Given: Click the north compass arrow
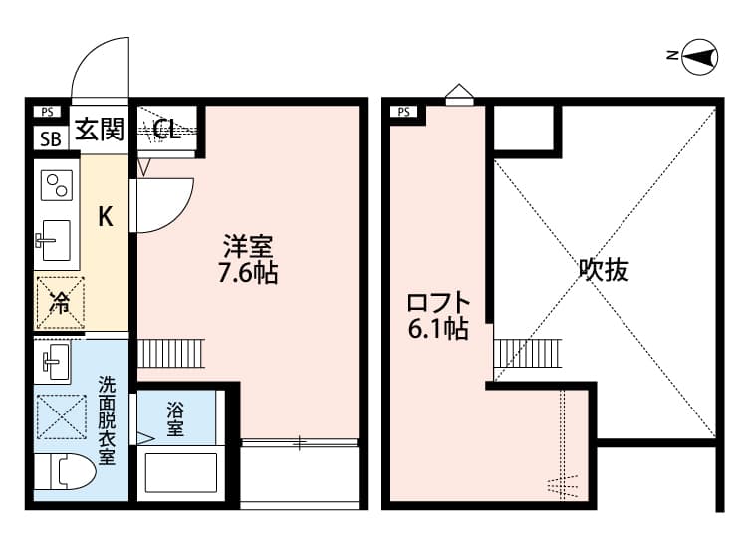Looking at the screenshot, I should pyautogui.click(x=699, y=57).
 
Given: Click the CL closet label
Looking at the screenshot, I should pyautogui.click(x=166, y=129).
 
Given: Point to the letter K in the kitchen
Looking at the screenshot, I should pyautogui.click(x=104, y=218).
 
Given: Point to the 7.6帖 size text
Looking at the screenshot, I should pyautogui.click(x=248, y=273).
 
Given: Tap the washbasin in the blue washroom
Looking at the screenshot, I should pyautogui.click(x=55, y=360).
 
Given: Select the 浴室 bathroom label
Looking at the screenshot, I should pyautogui.click(x=175, y=418).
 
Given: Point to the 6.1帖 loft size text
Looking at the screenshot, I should pyautogui.click(x=437, y=330).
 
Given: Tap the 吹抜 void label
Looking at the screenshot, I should pyautogui.click(x=605, y=270).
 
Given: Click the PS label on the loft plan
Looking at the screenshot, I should pyautogui.click(x=404, y=112).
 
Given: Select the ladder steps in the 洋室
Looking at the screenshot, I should pyautogui.click(x=169, y=353).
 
